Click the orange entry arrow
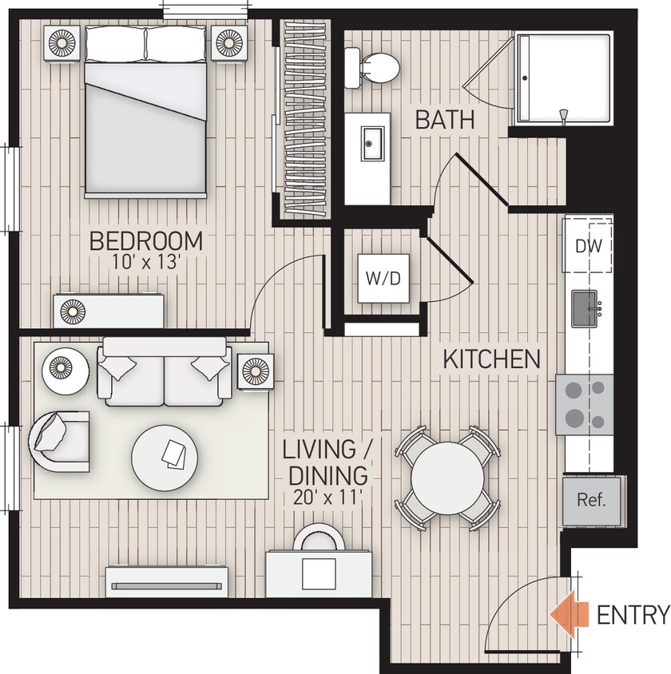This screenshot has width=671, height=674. coord(566,614)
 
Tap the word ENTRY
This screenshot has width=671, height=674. coord(633,615)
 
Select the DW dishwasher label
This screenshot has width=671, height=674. coord(589,246)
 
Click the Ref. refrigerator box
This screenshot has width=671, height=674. coord(592,501)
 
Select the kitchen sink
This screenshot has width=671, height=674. coord(589,309)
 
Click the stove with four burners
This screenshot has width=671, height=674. coord(584,404)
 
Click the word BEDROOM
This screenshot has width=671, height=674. coord(145,240)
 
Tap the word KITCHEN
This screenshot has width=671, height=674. coord(491,359)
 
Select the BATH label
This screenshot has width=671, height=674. coord(445,121)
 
